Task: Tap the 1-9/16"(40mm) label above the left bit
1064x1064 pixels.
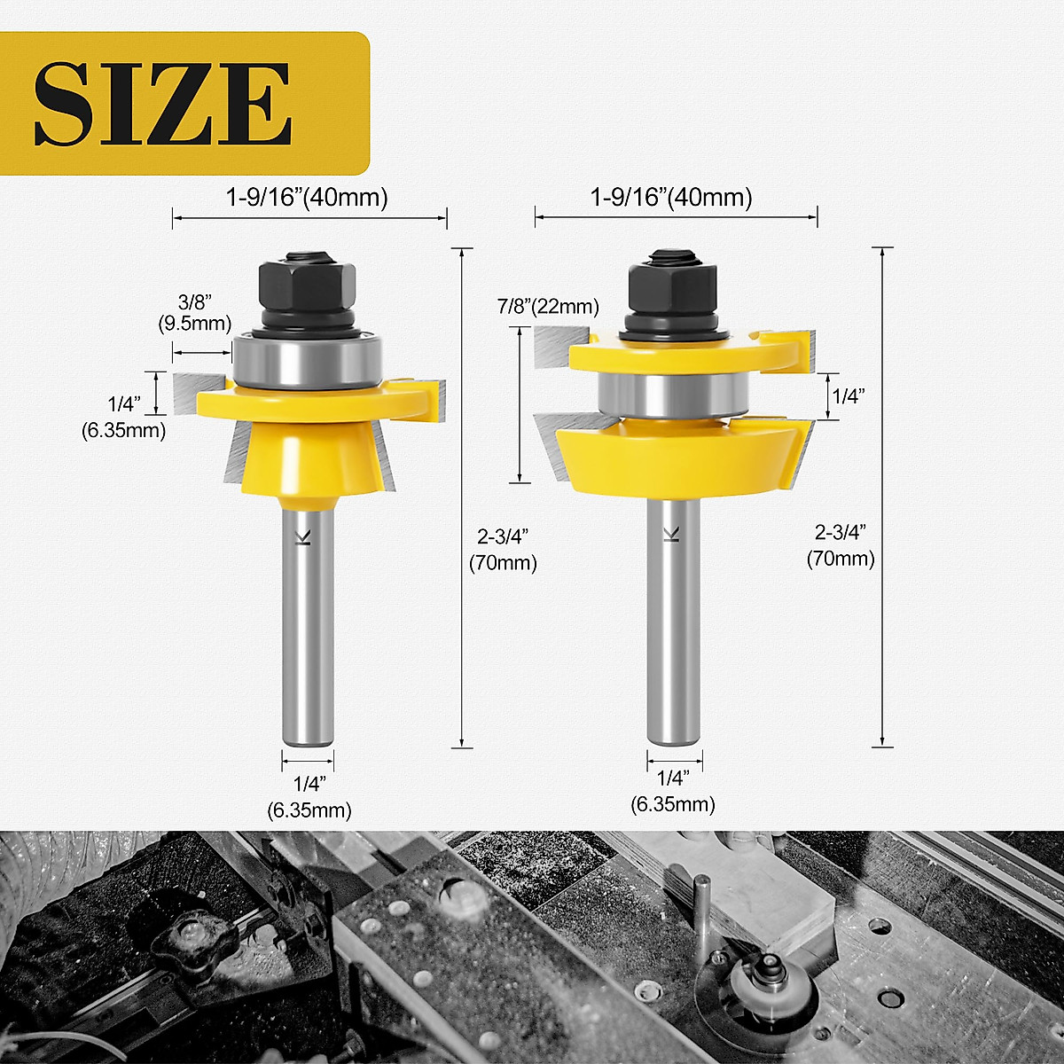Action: coord(307,197)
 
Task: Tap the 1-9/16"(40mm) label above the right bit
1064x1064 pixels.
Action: coord(671,197)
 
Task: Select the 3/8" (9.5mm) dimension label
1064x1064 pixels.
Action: coord(195,314)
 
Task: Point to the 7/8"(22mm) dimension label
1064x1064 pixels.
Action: coord(548,307)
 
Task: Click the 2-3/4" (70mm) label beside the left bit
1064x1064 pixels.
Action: coord(503,550)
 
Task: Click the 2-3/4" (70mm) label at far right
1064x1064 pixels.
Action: coord(841,545)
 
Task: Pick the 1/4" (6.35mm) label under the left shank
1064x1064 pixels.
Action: coord(309,797)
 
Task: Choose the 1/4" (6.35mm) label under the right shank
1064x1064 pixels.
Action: coord(673,792)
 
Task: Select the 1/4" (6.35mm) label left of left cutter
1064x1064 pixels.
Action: coord(125,418)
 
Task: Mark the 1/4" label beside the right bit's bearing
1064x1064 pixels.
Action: coord(848,396)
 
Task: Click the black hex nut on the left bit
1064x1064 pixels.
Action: coord(308,283)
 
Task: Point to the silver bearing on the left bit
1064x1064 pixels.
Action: coord(307,362)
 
